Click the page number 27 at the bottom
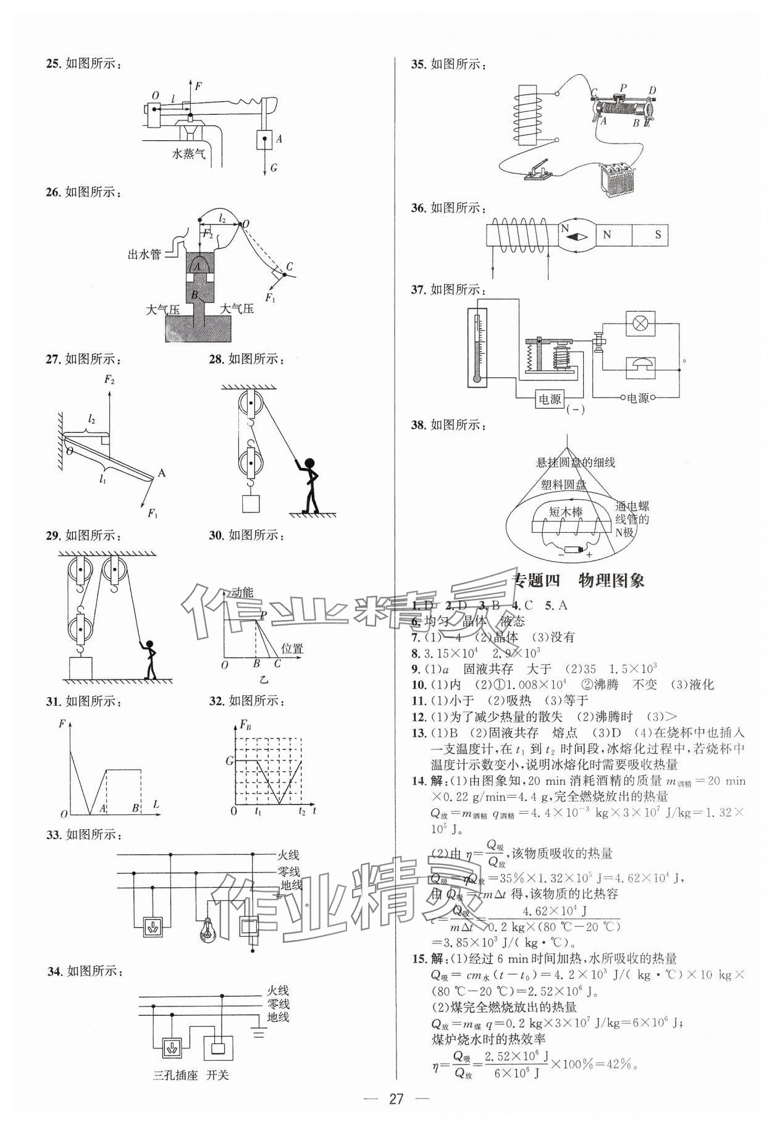pyautogui.click(x=396, y=1098)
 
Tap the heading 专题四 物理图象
pyautogui.click(x=579, y=580)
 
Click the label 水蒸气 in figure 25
pyautogui.click(x=189, y=154)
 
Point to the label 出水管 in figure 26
pyautogui.click(x=144, y=254)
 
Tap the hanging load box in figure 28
pyautogui.click(x=251, y=504)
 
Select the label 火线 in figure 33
pyautogui.click(x=287, y=855)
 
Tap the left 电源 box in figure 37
pyautogui.click(x=549, y=399)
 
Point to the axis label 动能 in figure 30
pyautogui.click(x=241, y=593)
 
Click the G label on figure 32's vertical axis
pyautogui.click(x=230, y=761)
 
